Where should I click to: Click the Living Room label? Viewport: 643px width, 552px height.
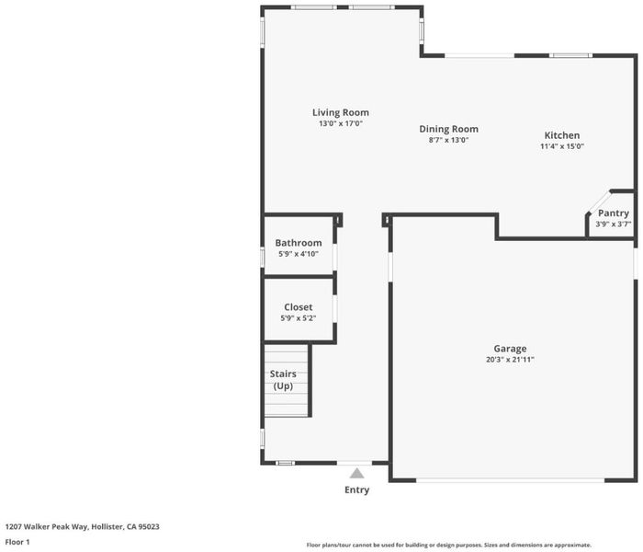[x=341, y=112]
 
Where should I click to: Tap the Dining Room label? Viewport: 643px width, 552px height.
[x=448, y=129]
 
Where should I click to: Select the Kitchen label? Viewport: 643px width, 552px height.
[x=562, y=135]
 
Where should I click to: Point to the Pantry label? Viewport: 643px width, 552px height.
[x=613, y=213]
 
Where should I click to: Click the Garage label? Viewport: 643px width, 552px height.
[x=510, y=349]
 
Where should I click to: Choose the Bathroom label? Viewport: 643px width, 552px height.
[x=299, y=243]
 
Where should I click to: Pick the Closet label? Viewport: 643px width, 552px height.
[x=299, y=307]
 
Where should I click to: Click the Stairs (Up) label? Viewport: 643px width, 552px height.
[x=283, y=380]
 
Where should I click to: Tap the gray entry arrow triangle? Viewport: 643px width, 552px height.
[x=356, y=474]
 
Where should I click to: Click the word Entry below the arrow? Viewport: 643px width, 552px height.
[x=356, y=489]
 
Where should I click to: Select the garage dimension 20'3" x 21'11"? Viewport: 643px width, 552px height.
[x=510, y=360]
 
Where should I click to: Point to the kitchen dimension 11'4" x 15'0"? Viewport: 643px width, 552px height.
[x=562, y=146]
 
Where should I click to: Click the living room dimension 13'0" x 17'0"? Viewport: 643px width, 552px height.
[x=341, y=123]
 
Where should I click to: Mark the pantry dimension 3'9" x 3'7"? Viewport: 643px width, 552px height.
[x=613, y=224]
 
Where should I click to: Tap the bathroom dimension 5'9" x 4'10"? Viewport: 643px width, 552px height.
[x=299, y=254]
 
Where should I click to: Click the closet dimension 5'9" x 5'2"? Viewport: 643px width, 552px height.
[x=299, y=318]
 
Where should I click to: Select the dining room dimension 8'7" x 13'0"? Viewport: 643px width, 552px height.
[x=448, y=140]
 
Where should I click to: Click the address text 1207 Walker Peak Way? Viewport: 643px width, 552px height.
[x=46, y=526]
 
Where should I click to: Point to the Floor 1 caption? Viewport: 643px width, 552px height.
[x=17, y=542]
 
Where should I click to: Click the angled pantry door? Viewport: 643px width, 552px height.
[x=598, y=202]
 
